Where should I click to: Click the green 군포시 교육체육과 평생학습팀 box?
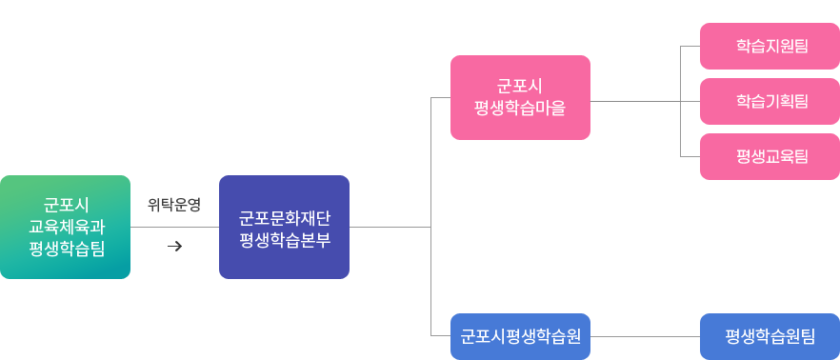click(66, 227)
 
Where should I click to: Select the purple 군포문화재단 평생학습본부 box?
click(284, 227)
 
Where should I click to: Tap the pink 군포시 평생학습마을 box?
click(519, 97)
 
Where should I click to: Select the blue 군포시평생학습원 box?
click(520, 335)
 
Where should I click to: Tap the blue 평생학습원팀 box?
click(770, 335)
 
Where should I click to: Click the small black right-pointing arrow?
click(174, 247)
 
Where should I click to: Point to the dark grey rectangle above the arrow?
click(173, 204)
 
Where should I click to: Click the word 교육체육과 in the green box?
click(66, 227)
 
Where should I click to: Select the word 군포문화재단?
click(284, 216)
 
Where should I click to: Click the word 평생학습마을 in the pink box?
click(519, 108)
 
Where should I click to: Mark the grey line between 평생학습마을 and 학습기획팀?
click(636, 100)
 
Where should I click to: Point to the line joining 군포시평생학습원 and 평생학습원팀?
click(645, 335)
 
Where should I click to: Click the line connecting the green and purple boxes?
click(173, 228)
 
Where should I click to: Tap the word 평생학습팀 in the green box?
click(66, 249)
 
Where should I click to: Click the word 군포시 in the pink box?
click(519, 86)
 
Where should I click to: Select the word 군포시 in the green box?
click(66, 204)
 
